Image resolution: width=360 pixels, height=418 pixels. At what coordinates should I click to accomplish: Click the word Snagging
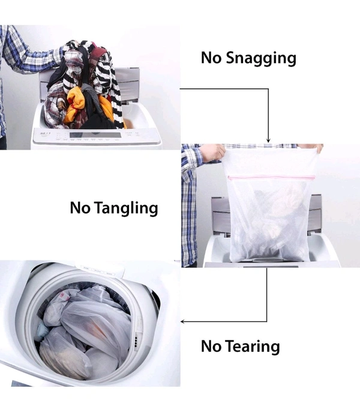pyautogui.click(x=261, y=58)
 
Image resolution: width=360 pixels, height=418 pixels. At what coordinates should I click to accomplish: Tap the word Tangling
pyautogui.click(x=127, y=208)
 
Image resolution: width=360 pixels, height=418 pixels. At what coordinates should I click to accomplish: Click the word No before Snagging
pyautogui.click(x=211, y=57)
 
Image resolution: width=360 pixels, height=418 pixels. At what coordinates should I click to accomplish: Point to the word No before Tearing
pyautogui.click(x=211, y=346)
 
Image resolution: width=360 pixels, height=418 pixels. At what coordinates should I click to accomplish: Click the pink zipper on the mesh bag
pyautogui.click(x=271, y=177)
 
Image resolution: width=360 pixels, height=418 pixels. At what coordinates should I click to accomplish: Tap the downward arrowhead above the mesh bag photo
pyautogui.click(x=268, y=141)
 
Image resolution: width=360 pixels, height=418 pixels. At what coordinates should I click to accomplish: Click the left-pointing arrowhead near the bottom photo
pyautogui.click(x=183, y=321)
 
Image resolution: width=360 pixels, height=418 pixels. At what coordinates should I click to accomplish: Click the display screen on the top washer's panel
pyautogui.click(x=95, y=135)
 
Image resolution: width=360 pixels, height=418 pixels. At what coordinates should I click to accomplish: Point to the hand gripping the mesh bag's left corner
pyautogui.click(x=213, y=153)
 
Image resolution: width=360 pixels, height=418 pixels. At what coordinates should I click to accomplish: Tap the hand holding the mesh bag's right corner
pyautogui.click(x=311, y=148)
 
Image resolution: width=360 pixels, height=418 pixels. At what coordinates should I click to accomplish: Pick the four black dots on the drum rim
pyautogui.click(x=136, y=341)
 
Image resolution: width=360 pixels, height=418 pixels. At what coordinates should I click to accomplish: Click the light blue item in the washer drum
pyautogui.click(x=41, y=331)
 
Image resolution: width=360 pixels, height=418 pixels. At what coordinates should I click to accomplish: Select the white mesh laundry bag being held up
pyautogui.click(x=269, y=205)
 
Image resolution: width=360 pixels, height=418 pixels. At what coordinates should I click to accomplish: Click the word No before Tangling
pyautogui.click(x=80, y=208)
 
